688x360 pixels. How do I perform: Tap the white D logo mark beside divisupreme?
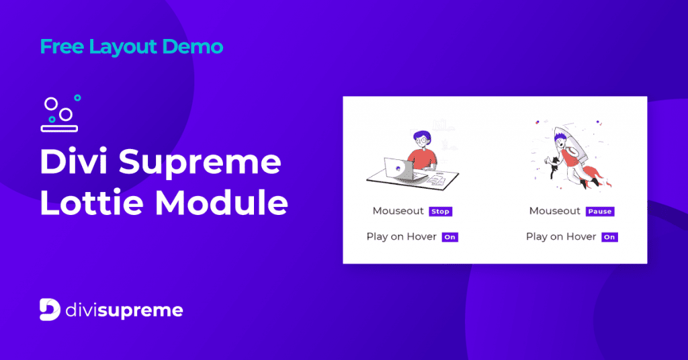50,310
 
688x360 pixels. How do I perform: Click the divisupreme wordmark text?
125,310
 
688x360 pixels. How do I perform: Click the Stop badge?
440,212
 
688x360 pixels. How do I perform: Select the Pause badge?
599,212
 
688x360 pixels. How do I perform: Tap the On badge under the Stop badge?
449,237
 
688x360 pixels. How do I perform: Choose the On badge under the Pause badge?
609,237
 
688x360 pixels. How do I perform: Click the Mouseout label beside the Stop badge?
398,211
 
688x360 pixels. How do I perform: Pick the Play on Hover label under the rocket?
561,236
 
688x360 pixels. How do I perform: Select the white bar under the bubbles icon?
60,128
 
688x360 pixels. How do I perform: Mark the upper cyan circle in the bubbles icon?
77,98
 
